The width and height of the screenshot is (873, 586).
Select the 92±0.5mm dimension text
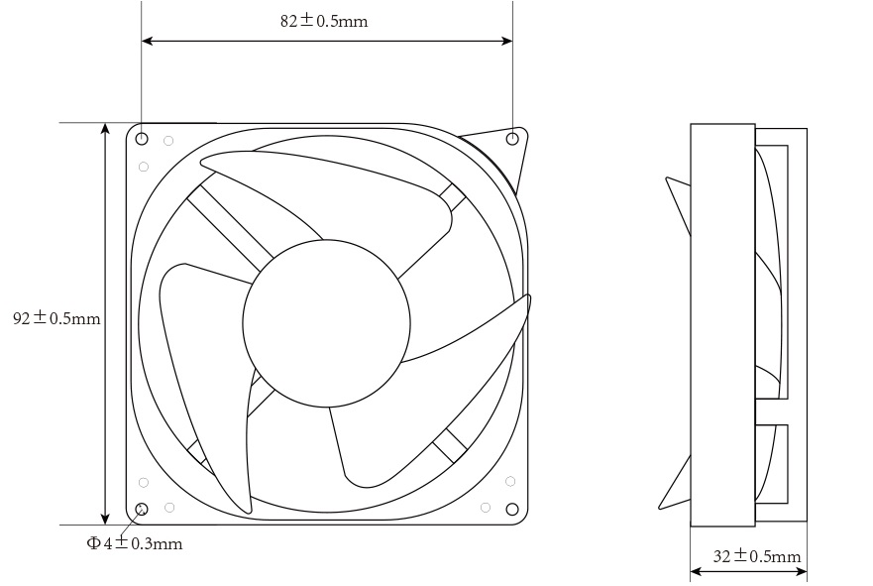click(x=56, y=318)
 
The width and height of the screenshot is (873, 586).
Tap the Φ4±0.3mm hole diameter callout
click(x=134, y=543)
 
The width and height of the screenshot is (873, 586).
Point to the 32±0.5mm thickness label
click(x=757, y=556)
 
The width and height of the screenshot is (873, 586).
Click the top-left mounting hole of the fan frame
click(x=142, y=138)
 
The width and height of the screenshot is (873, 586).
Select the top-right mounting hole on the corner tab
click(x=512, y=138)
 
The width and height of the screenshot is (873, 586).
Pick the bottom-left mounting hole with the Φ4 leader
click(x=142, y=510)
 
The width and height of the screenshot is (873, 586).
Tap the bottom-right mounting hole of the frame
click(x=512, y=510)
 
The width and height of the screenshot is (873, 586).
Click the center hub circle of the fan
click(x=326, y=323)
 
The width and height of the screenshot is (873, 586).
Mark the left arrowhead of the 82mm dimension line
click(x=148, y=41)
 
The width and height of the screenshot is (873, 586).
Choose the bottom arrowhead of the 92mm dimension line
click(x=105, y=518)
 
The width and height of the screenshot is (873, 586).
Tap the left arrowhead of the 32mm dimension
click(x=696, y=572)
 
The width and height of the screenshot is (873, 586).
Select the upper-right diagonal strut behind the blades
click(x=452, y=196)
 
